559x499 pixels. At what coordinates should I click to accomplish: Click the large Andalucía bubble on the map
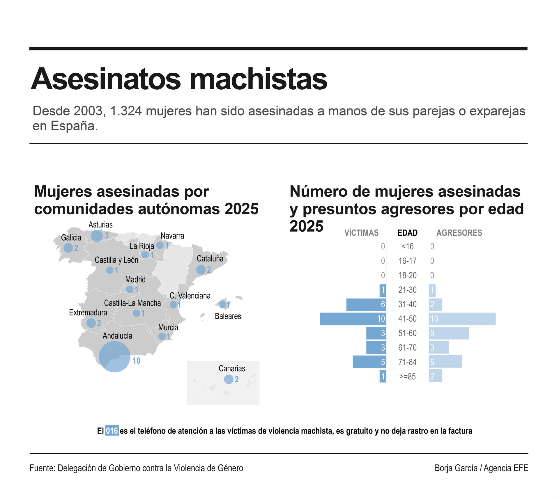point(114,356)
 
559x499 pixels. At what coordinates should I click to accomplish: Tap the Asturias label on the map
point(100,225)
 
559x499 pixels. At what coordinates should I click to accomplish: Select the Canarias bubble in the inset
point(229,379)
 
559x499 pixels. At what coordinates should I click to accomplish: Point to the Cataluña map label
point(210,258)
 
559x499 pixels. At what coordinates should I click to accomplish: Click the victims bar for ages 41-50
point(353,319)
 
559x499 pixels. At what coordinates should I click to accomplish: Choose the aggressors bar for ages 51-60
point(449,333)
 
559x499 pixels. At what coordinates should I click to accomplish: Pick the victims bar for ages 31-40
point(366,304)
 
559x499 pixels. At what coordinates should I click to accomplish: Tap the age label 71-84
point(407,362)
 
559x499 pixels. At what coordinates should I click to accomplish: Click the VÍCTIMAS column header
point(361,233)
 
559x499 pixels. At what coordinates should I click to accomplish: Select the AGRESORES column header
point(459,233)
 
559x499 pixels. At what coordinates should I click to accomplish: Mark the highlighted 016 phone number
point(112,431)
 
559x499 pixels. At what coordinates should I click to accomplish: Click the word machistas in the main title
point(258,79)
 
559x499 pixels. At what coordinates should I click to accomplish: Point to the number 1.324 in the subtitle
point(126,111)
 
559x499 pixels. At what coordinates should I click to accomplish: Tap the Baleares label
point(228,316)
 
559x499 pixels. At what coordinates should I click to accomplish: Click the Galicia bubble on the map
point(68,248)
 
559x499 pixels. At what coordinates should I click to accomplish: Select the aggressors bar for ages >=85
point(436,377)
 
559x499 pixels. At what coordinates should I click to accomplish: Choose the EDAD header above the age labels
point(407,233)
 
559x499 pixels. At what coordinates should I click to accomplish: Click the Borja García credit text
point(456,468)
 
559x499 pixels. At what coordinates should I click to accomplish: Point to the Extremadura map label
point(88,312)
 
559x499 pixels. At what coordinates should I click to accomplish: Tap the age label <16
point(407,246)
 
